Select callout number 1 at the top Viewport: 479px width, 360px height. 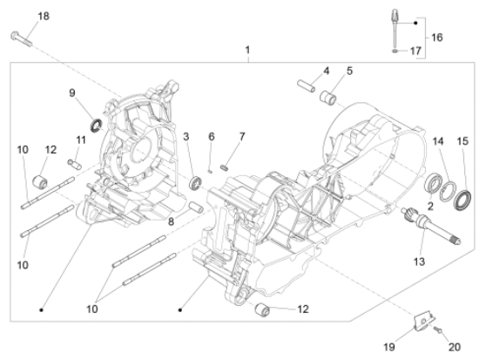(247, 51)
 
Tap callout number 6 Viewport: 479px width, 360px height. (211, 136)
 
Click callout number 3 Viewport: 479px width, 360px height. (186, 134)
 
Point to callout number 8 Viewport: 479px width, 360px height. (172, 221)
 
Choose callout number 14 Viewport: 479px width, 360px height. (438, 140)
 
